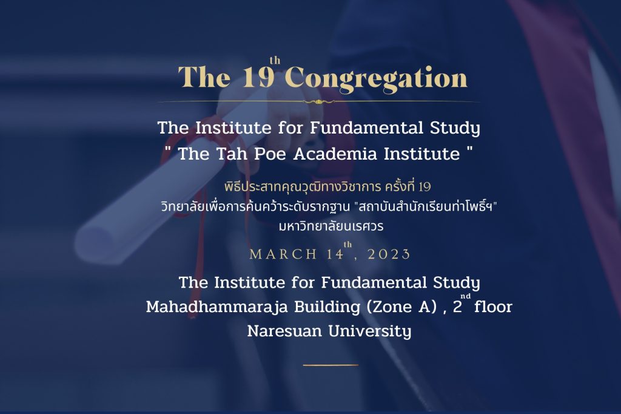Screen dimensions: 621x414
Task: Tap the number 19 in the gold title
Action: (258, 76)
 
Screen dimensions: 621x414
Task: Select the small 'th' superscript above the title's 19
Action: (275, 60)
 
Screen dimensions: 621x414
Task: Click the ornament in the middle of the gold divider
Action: (318, 102)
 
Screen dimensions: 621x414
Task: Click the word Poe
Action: (269, 154)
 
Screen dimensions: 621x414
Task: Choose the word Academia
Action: (335, 154)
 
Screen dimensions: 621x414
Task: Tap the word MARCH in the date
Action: (284, 254)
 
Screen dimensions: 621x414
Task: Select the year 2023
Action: (389, 254)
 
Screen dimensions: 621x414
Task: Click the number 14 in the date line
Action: (335, 254)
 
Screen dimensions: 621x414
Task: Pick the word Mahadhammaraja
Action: (217, 307)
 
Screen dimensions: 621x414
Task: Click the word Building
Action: (327, 307)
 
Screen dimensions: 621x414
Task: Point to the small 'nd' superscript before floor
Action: (466, 296)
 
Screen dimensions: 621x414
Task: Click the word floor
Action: (493, 307)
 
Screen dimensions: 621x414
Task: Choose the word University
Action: (370, 331)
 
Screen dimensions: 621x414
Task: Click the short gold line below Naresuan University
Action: (331, 365)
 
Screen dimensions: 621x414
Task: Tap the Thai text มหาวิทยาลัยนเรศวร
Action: (331, 226)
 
